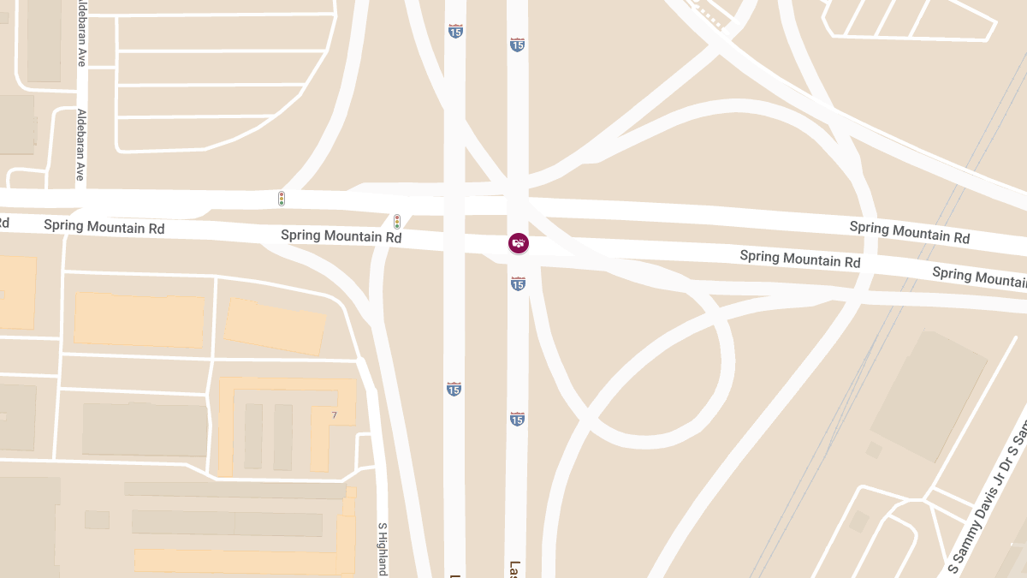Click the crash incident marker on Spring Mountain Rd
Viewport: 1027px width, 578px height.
518,243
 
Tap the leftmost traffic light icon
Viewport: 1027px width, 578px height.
281,199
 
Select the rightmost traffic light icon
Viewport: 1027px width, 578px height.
396,221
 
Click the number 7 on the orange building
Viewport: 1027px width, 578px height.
335,415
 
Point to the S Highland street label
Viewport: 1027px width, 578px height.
383,548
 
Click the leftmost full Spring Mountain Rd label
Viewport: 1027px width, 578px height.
104,227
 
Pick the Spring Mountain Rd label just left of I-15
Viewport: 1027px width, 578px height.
341,235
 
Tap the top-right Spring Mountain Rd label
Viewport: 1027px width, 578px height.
909,231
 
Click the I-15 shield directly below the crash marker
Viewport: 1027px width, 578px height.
518,283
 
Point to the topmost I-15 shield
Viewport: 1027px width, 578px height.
454,31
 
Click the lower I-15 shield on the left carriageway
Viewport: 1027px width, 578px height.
454,389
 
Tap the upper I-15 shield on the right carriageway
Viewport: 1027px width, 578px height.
517,44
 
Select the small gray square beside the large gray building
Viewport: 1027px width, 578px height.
874,450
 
